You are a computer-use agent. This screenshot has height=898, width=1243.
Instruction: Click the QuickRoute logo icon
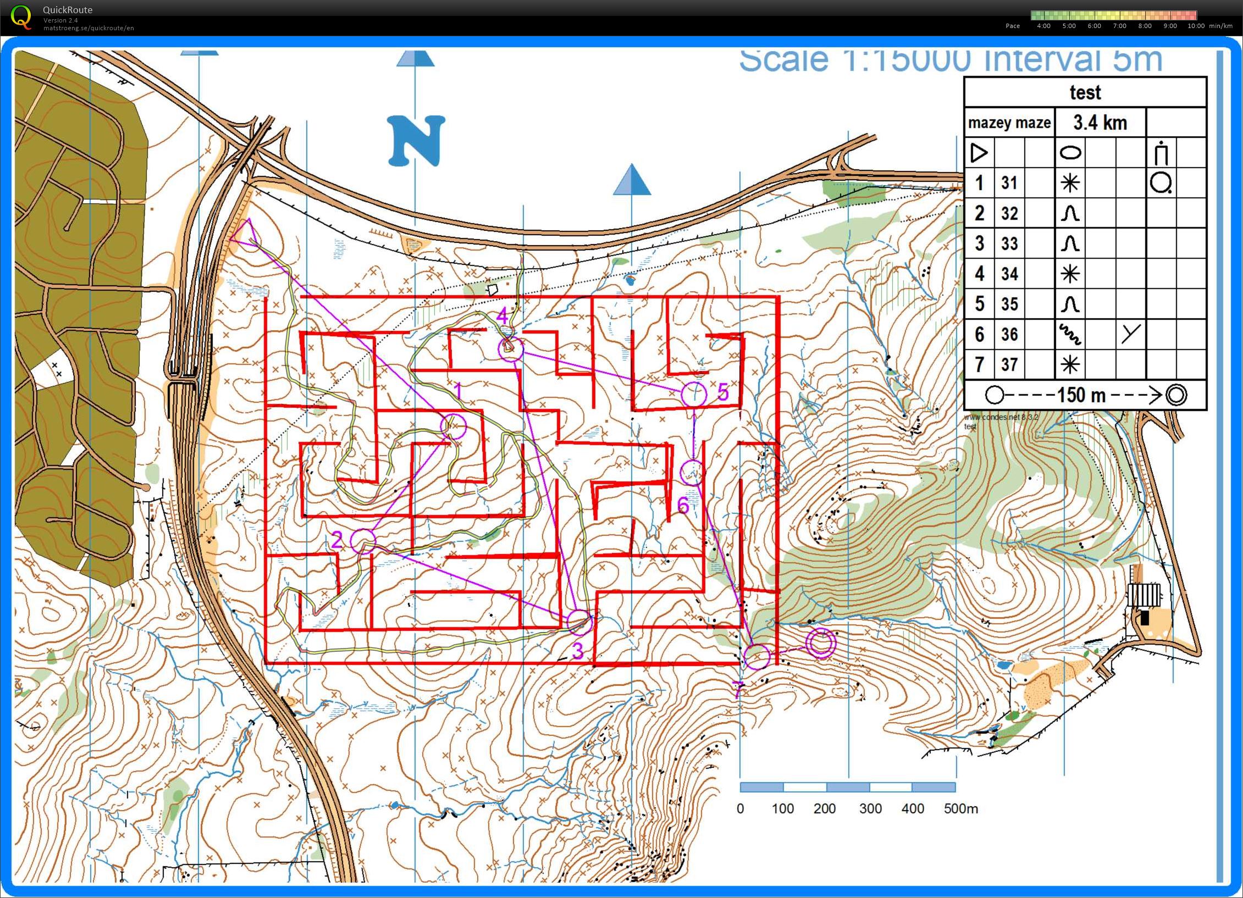tap(21, 16)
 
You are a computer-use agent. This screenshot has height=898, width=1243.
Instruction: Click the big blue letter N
tap(417, 141)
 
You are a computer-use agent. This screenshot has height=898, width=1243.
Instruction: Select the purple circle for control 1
tap(454, 426)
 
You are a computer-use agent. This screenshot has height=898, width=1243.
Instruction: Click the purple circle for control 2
tap(363, 541)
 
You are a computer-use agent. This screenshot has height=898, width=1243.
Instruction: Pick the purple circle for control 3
tap(580, 623)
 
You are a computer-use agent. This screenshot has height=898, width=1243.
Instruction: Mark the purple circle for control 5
tap(693, 394)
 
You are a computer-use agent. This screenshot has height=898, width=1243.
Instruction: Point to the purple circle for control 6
tap(692, 472)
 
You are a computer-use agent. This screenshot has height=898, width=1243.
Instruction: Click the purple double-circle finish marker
tap(821, 643)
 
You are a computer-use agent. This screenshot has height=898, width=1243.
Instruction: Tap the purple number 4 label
tap(502, 317)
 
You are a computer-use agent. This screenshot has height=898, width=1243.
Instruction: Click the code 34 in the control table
tap(1009, 274)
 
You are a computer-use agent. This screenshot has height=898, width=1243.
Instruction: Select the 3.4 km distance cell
tap(1100, 123)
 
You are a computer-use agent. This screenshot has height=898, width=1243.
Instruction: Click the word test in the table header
tap(1085, 92)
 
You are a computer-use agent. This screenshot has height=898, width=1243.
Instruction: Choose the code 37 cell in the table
tap(1009, 364)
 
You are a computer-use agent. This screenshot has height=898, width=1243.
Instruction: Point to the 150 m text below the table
tap(1081, 395)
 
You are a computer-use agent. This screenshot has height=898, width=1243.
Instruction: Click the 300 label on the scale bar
tap(870, 808)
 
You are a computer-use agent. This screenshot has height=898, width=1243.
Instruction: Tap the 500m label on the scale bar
tap(961, 808)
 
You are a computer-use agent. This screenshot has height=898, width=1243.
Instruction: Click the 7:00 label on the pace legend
tap(1120, 26)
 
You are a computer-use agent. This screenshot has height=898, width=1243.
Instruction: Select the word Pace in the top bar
tap(1013, 26)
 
